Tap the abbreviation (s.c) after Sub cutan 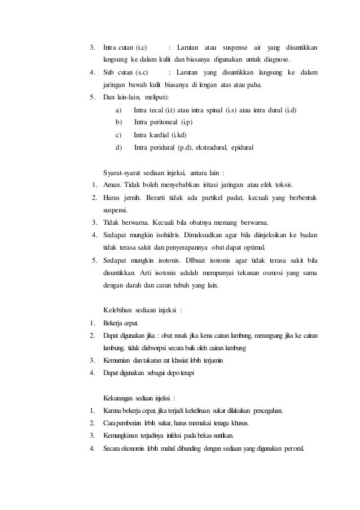tap(139, 72)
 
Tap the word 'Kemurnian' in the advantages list tap(116, 360)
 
